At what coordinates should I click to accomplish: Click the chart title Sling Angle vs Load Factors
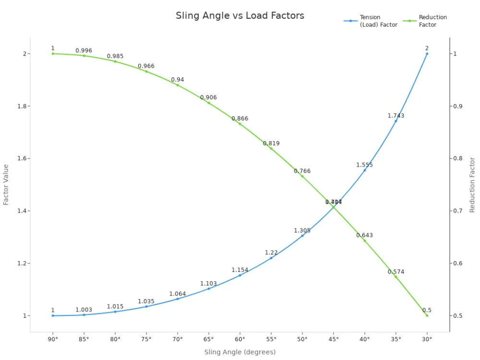240,15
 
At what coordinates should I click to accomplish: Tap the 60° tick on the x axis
240,339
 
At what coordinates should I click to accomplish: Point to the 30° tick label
427,339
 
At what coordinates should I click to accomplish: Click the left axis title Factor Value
6,185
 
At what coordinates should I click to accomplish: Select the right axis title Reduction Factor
472,185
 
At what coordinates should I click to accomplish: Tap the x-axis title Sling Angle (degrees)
240,352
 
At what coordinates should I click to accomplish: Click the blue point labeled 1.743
396,121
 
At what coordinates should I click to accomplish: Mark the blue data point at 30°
427,54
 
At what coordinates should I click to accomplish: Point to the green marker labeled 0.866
240,124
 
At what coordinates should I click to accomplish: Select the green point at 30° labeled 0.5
427,315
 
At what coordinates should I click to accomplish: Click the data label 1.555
364,165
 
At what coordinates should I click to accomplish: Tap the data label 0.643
364,235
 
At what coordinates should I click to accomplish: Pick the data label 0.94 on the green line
178,80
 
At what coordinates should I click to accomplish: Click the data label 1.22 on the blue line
271,252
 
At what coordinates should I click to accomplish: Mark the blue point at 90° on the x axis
53,315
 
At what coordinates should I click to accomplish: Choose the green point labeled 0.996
84,56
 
